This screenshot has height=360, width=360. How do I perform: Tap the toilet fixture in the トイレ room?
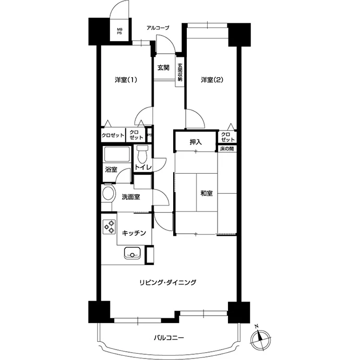(142, 154)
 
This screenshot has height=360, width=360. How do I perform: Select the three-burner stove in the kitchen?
(109, 227)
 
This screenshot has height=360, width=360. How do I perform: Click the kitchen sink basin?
(132, 253)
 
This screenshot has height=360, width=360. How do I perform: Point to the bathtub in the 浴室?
(117, 154)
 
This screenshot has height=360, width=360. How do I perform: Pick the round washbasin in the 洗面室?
(109, 194)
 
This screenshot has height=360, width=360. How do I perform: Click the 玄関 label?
(163, 67)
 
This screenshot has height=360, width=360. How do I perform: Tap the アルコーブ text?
(158, 28)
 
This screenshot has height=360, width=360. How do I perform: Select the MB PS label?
(119, 31)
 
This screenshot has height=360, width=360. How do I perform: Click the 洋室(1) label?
(126, 80)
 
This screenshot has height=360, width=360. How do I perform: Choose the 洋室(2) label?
(212, 80)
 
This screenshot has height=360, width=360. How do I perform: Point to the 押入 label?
(196, 142)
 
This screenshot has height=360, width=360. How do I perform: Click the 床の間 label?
(227, 149)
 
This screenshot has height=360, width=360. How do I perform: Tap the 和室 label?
(207, 194)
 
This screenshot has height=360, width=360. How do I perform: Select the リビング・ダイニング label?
(168, 282)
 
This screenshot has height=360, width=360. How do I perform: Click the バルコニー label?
(169, 338)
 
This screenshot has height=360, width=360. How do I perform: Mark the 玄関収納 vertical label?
(180, 72)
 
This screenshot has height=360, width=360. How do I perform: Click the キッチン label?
(134, 233)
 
